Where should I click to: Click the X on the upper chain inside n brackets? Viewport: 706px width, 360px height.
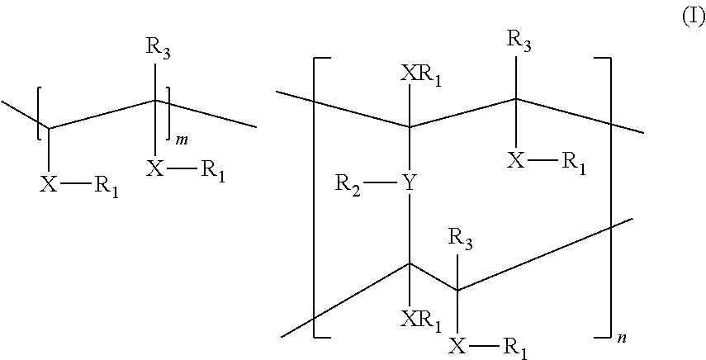tap(516, 159)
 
